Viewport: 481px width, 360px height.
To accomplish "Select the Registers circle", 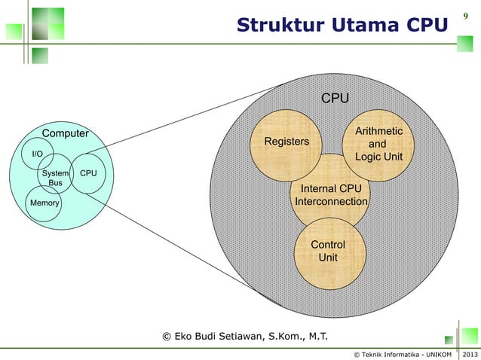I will [286, 142].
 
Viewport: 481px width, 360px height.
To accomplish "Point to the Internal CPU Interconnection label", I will [331, 195].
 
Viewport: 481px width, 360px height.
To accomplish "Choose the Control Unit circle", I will [328, 252].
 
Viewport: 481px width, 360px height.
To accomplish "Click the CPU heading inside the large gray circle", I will [335, 99].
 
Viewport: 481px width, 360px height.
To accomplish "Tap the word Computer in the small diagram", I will [65, 134].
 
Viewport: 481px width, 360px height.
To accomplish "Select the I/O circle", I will [37, 154].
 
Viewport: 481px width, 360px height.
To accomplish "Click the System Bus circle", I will [55, 178].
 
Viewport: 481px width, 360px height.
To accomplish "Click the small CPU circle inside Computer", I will [88, 173].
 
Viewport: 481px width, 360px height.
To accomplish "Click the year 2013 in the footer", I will [469, 353].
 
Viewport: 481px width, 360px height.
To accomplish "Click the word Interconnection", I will [331, 203].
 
